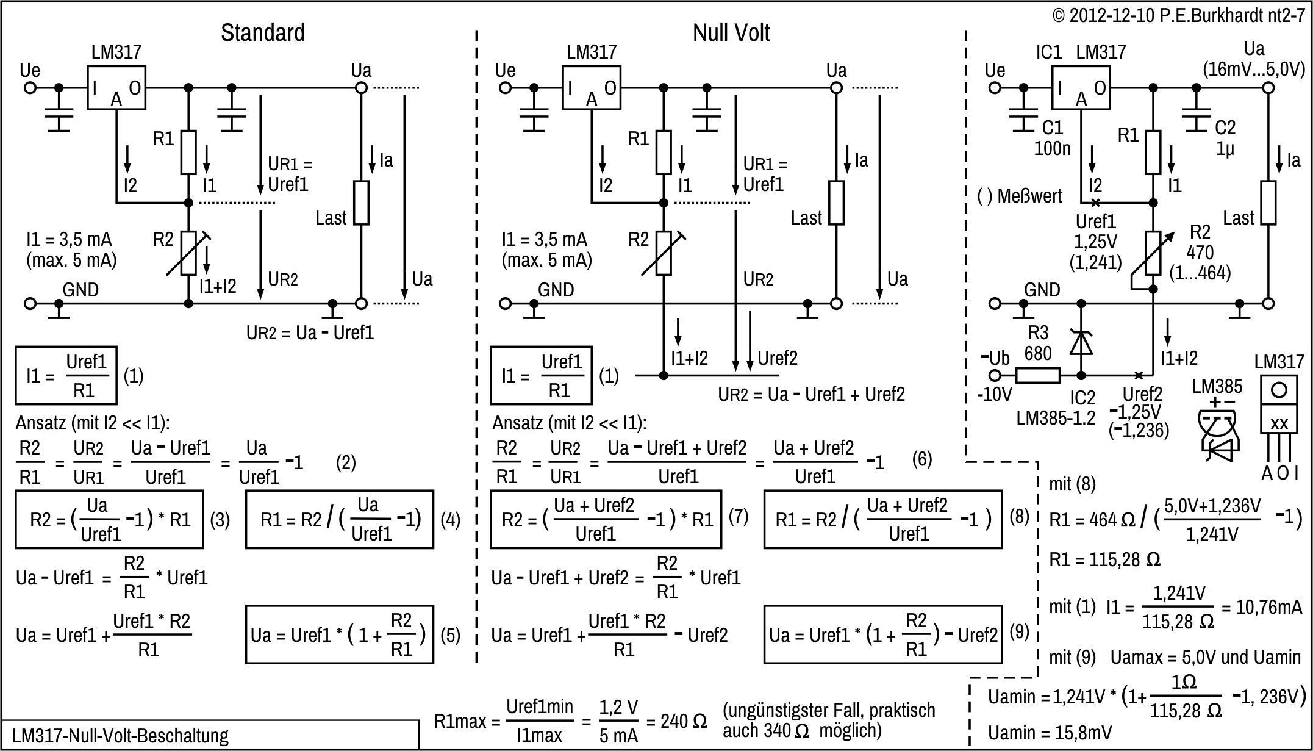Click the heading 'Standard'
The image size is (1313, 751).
pos(262,33)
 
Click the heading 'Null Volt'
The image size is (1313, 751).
pos(731,33)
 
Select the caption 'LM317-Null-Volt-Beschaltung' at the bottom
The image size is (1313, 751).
pos(120,736)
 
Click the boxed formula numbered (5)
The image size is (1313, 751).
pos(339,634)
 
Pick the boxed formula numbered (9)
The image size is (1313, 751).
pos(882,634)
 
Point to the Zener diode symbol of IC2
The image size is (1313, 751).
pos(1081,343)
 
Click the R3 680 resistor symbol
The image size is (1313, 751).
pos(1038,375)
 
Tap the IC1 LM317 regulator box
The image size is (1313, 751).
pos(1081,88)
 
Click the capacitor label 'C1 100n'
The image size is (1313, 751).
pos(1052,138)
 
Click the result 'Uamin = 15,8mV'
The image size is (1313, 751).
pos(1050,733)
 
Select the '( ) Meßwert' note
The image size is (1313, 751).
pos(1019,196)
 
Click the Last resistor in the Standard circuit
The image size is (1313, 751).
pos(361,203)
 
